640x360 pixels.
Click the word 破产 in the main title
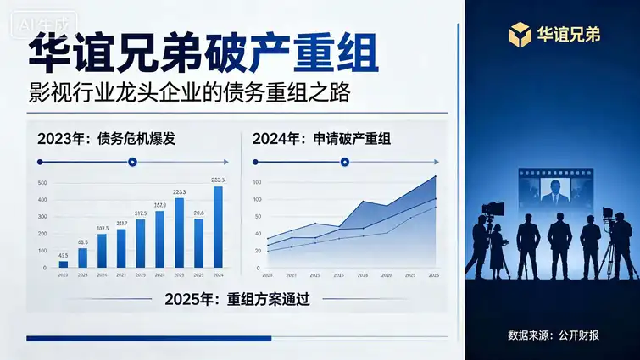tap(255, 56)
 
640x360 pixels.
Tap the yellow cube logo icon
tap(518, 34)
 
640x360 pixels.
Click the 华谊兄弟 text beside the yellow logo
tap(568, 35)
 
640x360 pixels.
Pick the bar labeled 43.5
tap(64, 263)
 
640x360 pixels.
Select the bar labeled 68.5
tap(82, 258)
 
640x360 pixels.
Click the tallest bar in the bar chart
tap(218, 226)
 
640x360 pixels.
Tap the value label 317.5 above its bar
tap(141, 213)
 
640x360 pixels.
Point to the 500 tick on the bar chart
tap(43, 183)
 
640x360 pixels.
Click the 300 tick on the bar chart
tap(43, 217)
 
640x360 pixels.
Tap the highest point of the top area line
tap(436, 176)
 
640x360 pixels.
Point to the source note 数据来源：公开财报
tap(553, 335)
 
